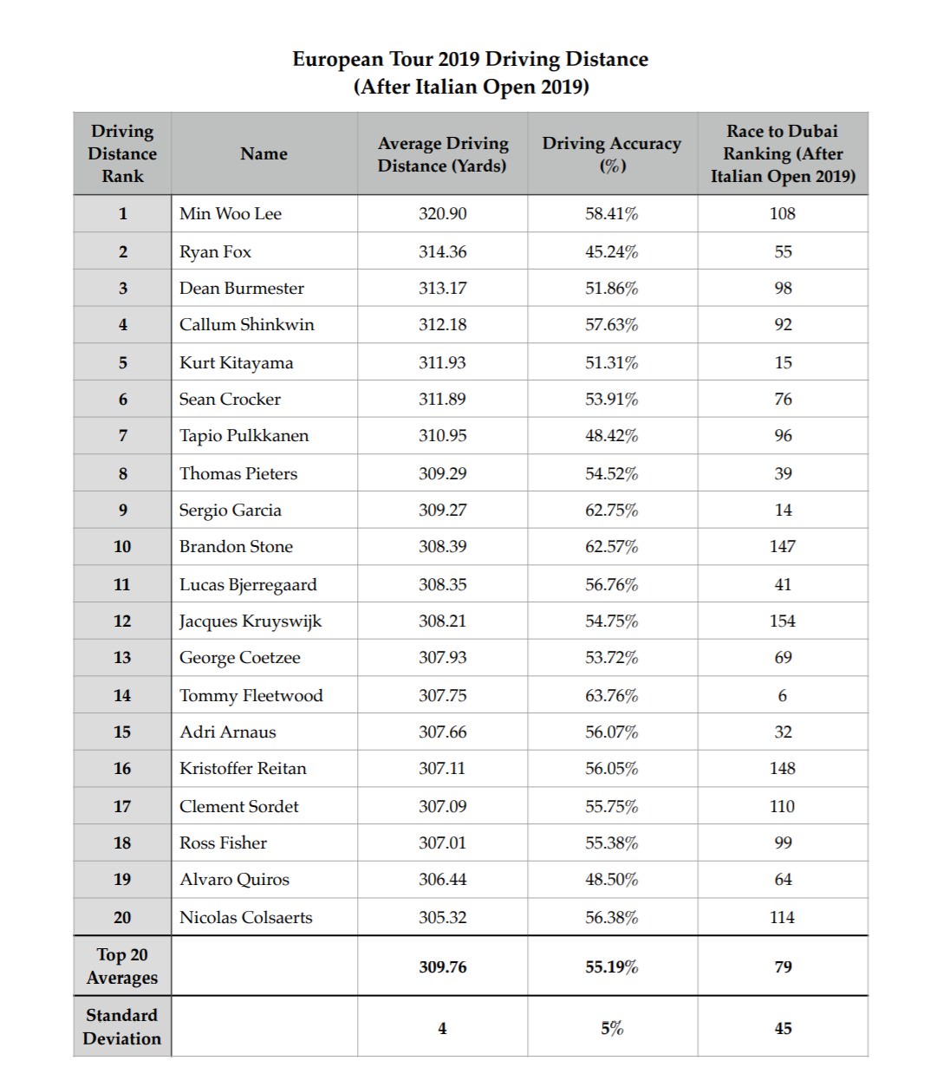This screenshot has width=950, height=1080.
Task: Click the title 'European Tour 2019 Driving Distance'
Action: click(x=470, y=59)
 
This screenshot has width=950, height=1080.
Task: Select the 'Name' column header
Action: click(x=264, y=153)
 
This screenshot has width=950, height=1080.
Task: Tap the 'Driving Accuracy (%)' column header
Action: click(x=611, y=153)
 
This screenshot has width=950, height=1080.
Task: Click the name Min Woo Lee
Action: click(x=231, y=213)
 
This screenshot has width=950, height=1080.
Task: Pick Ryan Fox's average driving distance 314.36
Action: click(x=442, y=251)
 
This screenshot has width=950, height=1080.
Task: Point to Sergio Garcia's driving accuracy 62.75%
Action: click(x=611, y=510)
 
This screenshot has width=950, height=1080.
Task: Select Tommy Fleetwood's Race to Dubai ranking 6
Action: click(x=782, y=695)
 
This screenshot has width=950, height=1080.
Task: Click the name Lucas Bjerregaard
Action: click(x=248, y=584)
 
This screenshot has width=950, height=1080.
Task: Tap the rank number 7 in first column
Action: click(x=122, y=435)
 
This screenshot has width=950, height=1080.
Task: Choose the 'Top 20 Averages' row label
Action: click(x=122, y=966)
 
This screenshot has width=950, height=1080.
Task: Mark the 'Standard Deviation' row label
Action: click(x=122, y=1026)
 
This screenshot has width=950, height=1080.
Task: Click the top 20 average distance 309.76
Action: click(x=442, y=966)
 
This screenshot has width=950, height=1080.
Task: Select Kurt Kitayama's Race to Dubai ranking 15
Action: click(x=783, y=362)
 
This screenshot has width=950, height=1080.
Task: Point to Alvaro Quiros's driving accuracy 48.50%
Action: click(x=611, y=879)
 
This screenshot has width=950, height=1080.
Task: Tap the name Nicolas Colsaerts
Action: click(x=245, y=917)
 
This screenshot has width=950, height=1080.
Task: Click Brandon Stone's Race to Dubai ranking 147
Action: click(x=782, y=546)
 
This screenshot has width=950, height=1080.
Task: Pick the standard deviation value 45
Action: click(x=783, y=1028)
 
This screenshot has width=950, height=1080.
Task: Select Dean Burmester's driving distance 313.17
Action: click(x=442, y=288)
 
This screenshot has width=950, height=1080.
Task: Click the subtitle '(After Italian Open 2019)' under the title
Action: click(x=471, y=87)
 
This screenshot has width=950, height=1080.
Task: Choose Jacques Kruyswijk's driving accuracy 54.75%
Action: click(x=611, y=621)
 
